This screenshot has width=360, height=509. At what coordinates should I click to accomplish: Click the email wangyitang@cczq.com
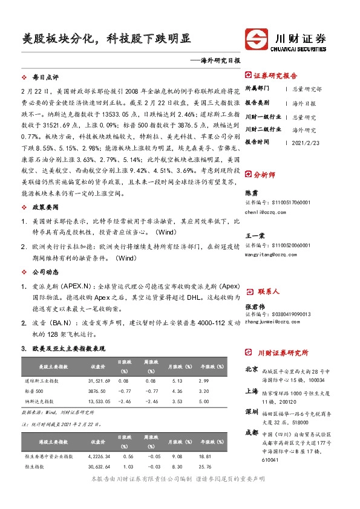[x=272, y=254]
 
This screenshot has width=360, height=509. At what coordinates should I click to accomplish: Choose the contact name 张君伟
[x=255, y=306]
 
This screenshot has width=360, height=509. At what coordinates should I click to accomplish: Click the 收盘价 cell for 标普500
[x=98, y=391]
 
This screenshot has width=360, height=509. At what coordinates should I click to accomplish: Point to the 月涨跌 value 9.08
[x=178, y=456]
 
